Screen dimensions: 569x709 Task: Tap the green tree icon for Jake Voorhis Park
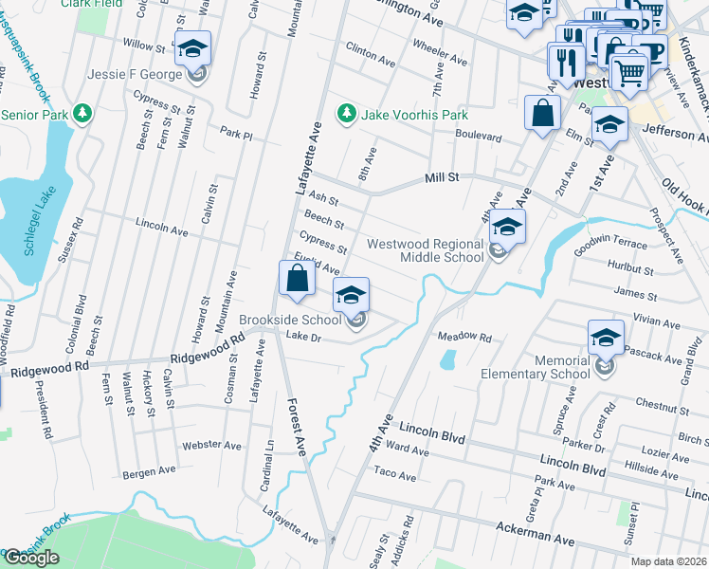[347, 115]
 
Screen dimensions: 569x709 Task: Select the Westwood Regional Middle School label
[426, 250]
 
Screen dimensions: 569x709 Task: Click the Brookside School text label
[289, 320]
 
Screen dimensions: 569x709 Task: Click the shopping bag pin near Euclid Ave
[298, 279]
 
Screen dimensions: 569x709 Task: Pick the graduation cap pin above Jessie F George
[192, 48]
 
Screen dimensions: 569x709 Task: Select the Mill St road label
[442, 176]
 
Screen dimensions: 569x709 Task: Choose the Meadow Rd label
[464, 337]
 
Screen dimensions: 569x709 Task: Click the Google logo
[31, 558]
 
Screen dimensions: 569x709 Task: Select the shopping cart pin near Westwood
[628, 71]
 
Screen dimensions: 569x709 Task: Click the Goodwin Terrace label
[612, 245]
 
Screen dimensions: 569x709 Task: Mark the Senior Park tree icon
[83, 115]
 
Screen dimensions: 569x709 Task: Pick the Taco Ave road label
[395, 474]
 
